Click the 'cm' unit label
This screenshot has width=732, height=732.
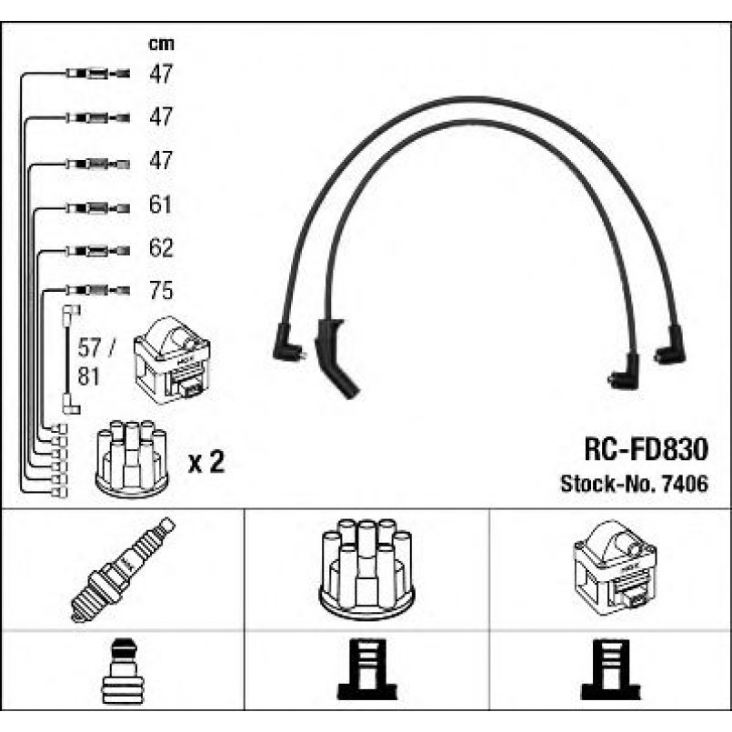pyautogui.click(x=161, y=44)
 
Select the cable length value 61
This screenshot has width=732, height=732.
pyautogui.click(x=160, y=205)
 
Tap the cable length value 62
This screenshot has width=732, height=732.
pyautogui.click(x=161, y=248)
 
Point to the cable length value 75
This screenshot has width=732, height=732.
pyautogui.click(x=161, y=290)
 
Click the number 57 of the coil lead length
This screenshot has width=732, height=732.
pyautogui.click(x=89, y=347)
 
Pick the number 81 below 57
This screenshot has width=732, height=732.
pyautogui.click(x=89, y=376)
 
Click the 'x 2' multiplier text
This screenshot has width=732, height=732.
pyautogui.click(x=206, y=462)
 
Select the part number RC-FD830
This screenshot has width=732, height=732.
pyautogui.click(x=647, y=449)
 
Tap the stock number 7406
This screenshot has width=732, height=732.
pyautogui.click(x=686, y=484)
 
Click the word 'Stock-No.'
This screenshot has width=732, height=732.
pyautogui.click(x=608, y=484)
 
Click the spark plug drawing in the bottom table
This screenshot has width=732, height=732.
pyautogui.click(x=123, y=570)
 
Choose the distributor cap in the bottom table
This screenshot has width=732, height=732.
pyautogui.click(x=366, y=569)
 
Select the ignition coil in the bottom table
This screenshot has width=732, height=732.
pyautogui.click(x=615, y=568)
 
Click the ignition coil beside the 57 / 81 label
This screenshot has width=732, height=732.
pyautogui.click(x=172, y=360)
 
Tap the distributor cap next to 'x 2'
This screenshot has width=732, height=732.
pyautogui.click(x=132, y=458)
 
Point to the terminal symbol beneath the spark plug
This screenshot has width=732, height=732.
pyautogui.click(x=124, y=671)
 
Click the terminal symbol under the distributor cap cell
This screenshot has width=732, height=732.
pyautogui.click(x=367, y=669)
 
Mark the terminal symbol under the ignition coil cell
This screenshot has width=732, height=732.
pyautogui.click(x=611, y=669)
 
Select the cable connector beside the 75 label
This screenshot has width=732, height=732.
pyautogui.click(x=97, y=290)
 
